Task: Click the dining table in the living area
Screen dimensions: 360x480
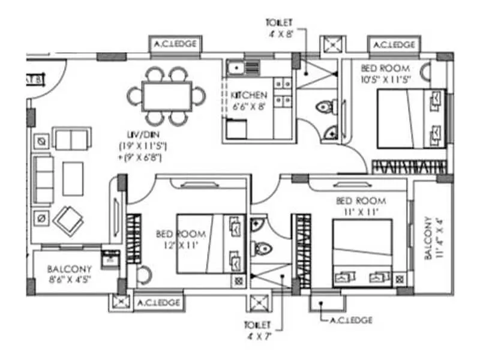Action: click(167, 96)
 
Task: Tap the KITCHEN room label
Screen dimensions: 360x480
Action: click(248, 95)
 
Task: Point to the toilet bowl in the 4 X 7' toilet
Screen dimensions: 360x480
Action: click(260, 247)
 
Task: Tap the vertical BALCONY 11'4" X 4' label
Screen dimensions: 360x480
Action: click(434, 238)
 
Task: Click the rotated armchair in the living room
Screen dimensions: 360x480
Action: click(68, 220)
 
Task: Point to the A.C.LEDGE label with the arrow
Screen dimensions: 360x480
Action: click(351, 320)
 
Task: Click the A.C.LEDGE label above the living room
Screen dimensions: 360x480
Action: click(175, 44)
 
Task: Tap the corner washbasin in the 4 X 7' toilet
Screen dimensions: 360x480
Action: click(257, 224)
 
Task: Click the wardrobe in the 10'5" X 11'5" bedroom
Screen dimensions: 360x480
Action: click(410, 166)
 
